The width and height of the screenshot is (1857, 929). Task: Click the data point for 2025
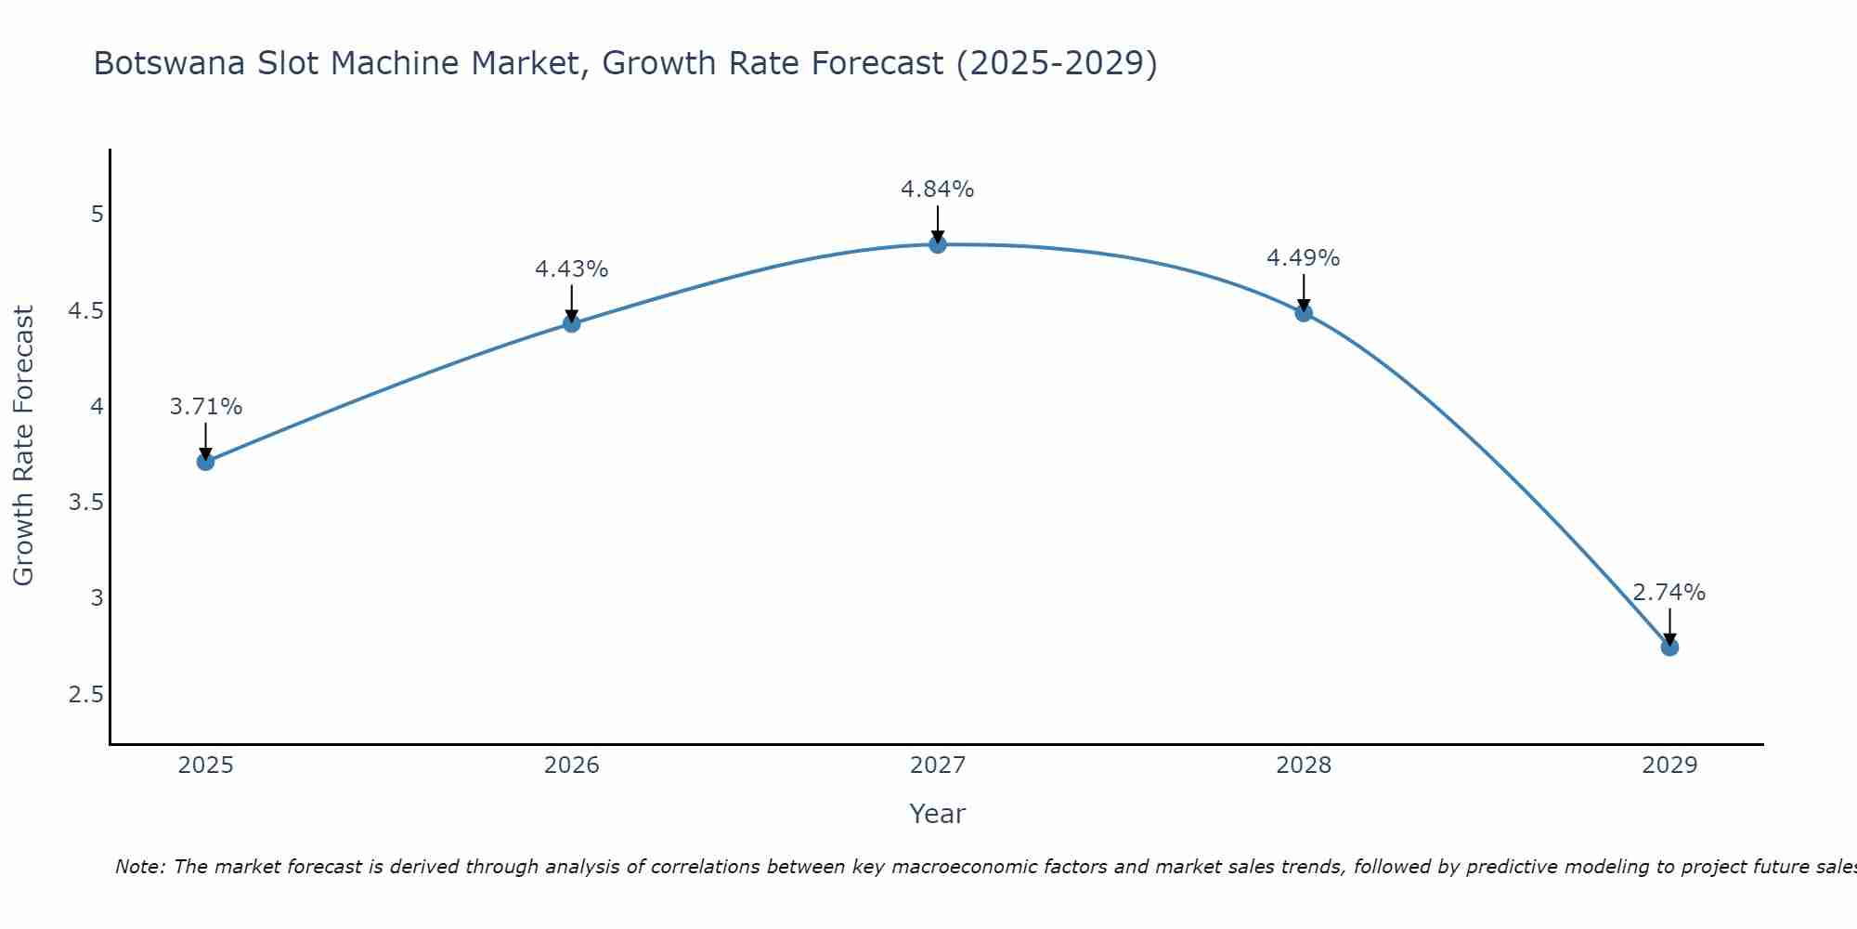click(x=206, y=462)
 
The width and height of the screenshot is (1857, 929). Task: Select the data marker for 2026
click(x=572, y=323)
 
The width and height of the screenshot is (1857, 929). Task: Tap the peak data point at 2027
click(x=938, y=244)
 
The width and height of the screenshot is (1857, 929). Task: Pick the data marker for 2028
click(x=1304, y=313)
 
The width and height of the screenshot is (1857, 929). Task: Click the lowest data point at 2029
click(x=1669, y=648)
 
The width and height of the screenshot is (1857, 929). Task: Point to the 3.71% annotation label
click(x=206, y=407)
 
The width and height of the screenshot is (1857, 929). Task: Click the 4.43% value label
click(x=572, y=269)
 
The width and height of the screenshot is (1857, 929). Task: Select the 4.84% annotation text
click(x=938, y=190)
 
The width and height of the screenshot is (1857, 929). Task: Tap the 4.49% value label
click(x=1304, y=258)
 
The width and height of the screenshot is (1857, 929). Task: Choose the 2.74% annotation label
click(x=1669, y=593)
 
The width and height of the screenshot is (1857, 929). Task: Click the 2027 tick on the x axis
click(x=938, y=765)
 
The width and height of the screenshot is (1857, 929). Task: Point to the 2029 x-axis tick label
click(x=1669, y=765)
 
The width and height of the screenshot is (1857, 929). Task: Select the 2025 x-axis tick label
click(x=206, y=765)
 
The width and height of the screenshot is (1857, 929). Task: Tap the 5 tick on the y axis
click(x=97, y=215)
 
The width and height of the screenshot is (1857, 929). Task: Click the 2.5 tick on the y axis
click(x=85, y=695)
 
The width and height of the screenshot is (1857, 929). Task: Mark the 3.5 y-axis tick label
click(x=85, y=503)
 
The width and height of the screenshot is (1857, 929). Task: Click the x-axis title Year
click(x=938, y=814)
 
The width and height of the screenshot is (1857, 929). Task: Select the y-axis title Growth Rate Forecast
click(x=24, y=446)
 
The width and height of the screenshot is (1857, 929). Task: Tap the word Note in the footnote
click(x=139, y=868)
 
